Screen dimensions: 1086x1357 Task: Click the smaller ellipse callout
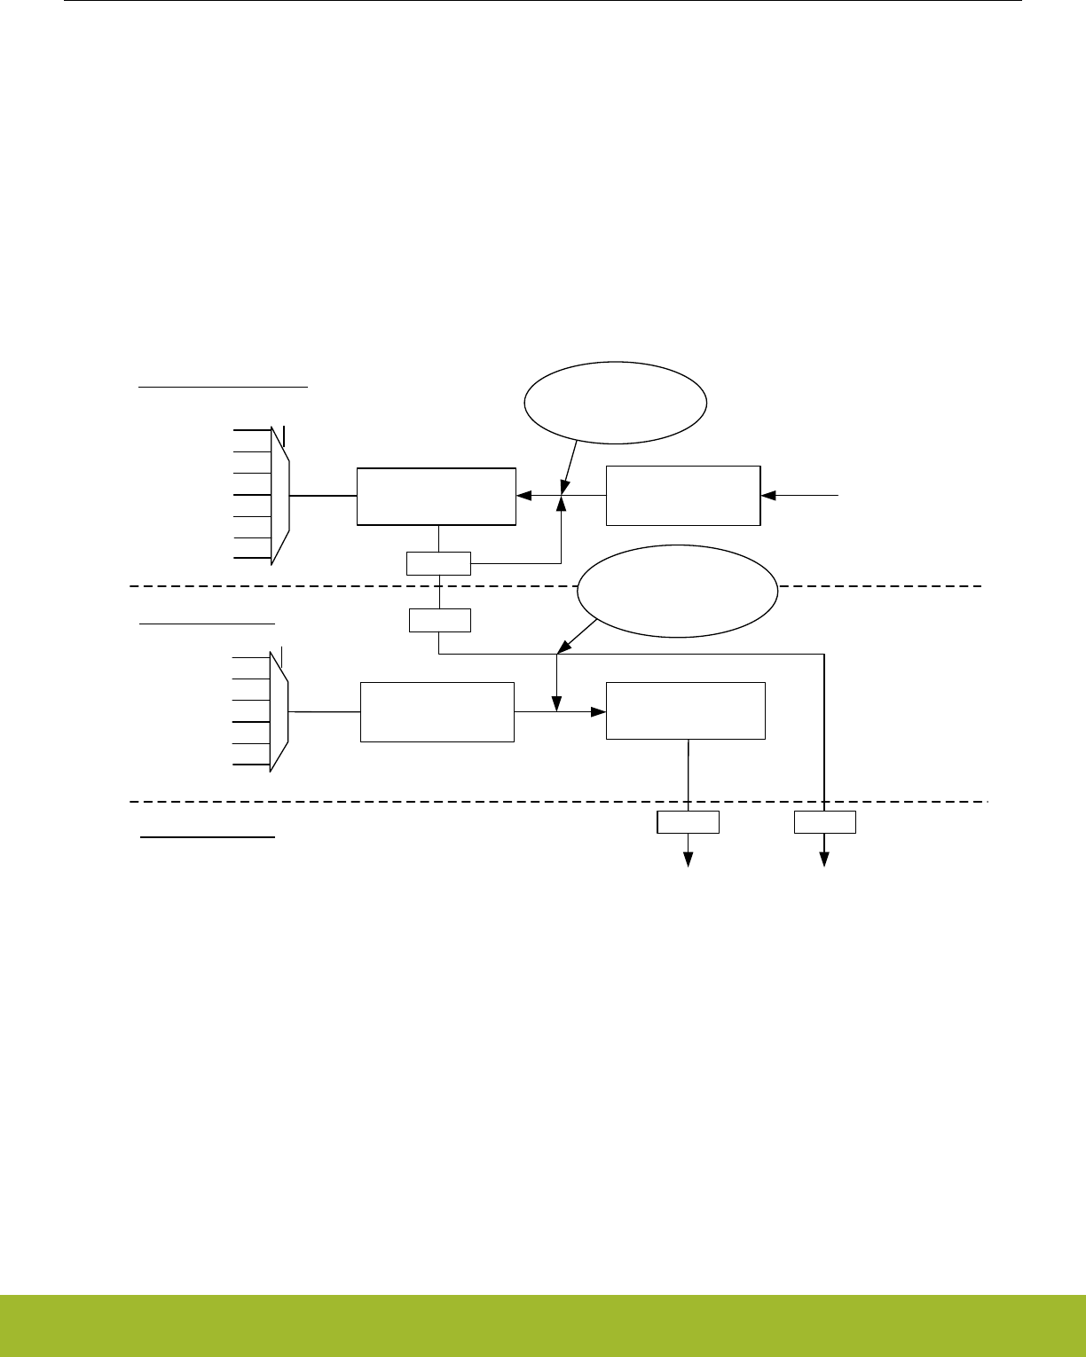point(616,403)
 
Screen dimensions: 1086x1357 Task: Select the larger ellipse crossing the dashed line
point(677,591)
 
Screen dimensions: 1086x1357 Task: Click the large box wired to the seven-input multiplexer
point(437,496)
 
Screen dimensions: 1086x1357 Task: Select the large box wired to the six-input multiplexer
point(437,711)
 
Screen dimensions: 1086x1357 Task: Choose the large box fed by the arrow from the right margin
point(683,495)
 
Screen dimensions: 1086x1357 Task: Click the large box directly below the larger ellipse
point(685,710)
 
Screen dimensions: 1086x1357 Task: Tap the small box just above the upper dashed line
point(438,563)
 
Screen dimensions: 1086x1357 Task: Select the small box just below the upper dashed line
point(439,620)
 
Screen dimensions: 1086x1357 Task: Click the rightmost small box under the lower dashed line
point(824,822)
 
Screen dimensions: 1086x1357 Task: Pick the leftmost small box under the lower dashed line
point(688,822)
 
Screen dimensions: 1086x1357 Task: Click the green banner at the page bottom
point(543,1325)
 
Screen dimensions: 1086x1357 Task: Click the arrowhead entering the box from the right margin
point(767,495)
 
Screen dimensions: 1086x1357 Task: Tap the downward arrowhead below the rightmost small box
point(824,859)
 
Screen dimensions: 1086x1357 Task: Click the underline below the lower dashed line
point(209,836)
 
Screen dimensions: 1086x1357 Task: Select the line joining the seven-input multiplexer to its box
point(323,496)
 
